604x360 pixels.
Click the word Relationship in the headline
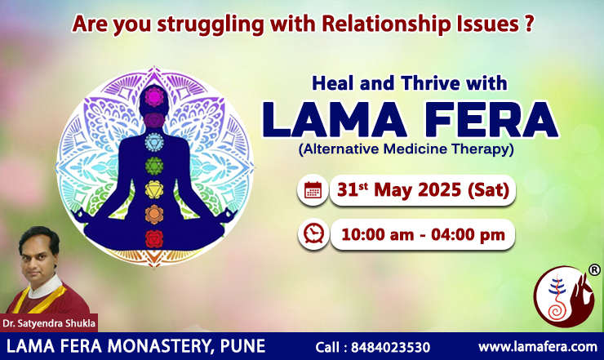386,24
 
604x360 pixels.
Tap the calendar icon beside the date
313,190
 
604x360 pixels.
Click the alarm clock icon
313,234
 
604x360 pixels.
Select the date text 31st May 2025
399,190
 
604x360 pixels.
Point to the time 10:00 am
377,235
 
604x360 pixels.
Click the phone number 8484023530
391,347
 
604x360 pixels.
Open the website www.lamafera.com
538,347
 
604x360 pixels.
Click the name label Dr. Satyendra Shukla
49,323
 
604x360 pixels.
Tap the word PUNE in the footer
242,346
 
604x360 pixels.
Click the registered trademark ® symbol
594,269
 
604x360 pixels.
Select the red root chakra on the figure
154,239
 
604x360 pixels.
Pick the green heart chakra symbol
154,167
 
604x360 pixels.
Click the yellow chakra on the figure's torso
154,190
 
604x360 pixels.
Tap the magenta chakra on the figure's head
154,97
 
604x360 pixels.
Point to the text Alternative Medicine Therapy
406,149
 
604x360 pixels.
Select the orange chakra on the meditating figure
154,215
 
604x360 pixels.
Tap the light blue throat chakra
154,142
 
